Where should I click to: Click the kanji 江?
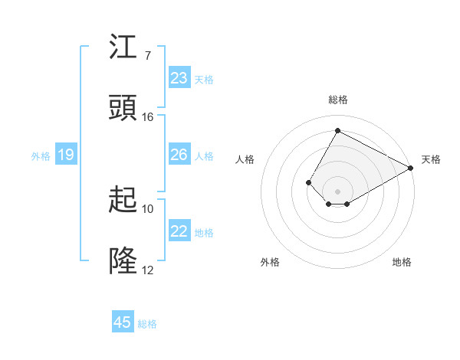[123, 48]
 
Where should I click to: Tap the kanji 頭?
[123, 108]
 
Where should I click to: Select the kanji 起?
[123, 201]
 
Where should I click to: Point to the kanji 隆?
[123, 261]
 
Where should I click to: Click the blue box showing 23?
[179, 78]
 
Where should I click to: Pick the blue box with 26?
[179, 155]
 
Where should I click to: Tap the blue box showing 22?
[179, 231]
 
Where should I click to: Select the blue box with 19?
[65, 155]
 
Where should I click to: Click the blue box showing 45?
[123, 322]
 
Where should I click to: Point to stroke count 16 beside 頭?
[148, 117]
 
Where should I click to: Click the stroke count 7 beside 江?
[147, 56]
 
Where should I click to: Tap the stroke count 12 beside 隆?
[148, 270]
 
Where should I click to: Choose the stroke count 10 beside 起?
[148, 209]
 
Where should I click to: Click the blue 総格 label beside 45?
[147, 324]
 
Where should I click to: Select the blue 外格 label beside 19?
[41, 155]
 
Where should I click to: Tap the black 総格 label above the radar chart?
[338, 100]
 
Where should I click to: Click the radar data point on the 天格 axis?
[411, 169]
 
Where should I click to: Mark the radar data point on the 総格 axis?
[337, 131]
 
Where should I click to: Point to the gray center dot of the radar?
[337, 191]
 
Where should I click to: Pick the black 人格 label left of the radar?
[245, 159]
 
